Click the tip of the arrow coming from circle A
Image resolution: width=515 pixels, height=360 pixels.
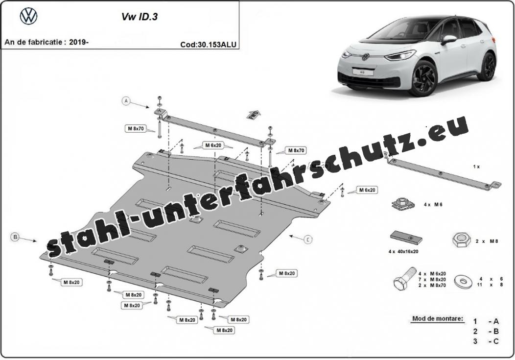(150, 108)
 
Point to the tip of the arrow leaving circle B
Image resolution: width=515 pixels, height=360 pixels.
(37, 241)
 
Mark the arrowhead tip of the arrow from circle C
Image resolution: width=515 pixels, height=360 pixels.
(288, 235)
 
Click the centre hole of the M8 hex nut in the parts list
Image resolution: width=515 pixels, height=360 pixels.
(459, 241)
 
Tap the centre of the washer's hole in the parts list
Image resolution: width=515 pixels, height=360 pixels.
(462, 281)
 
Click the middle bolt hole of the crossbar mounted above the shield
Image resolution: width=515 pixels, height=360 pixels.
(214, 130)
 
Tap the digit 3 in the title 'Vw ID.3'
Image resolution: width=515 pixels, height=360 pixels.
(155, 17)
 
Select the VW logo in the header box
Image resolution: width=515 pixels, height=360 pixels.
(29, 16)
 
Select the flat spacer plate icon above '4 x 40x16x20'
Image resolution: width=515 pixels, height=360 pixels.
(406, 237)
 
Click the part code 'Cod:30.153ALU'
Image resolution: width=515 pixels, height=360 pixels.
(208, 45)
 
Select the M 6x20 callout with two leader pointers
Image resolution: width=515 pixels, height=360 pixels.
(213, 145)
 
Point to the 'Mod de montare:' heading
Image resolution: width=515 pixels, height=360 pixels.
(438, 318)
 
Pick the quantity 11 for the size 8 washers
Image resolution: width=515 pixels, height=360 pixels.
(480, 285)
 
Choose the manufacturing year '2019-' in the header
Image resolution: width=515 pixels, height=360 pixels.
(79, 42)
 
